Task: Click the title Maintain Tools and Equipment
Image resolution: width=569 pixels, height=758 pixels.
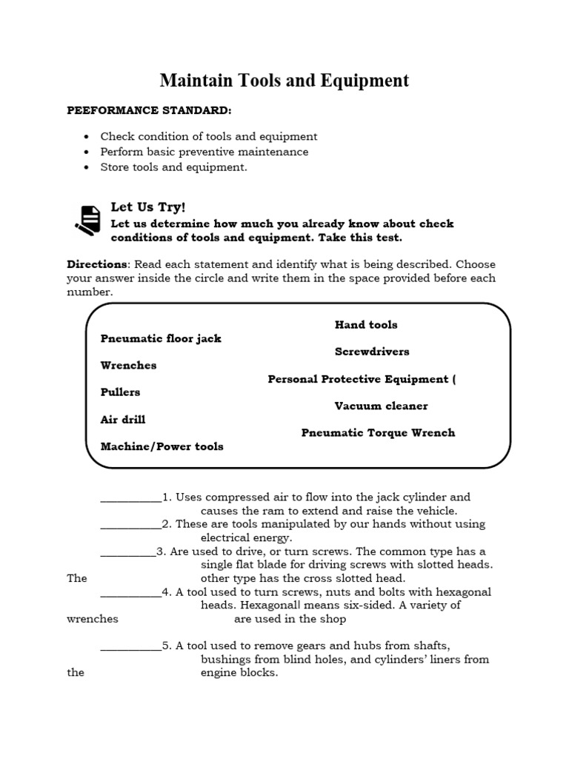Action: pos(284,80)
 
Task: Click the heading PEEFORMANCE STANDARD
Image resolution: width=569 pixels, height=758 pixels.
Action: pos(149,110)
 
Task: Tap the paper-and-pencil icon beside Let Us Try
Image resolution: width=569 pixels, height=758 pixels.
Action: pos(87,219)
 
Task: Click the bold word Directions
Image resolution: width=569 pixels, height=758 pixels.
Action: pos(97,264)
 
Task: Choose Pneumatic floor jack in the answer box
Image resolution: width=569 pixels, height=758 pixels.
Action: pos(161,338)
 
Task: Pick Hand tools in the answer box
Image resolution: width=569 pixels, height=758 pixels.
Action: pos(365,324)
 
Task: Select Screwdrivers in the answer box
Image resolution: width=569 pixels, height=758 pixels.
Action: pos(371,352)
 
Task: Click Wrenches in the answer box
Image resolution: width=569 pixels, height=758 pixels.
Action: pos(128,365)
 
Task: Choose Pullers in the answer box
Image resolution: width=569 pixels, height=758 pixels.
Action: pos(120,392)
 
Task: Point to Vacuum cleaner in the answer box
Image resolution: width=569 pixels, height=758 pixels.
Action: pos(381,406)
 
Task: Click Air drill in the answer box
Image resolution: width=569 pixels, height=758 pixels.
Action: pos(123,420)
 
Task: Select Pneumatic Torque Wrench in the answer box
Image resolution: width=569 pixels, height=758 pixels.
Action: pos(378,432)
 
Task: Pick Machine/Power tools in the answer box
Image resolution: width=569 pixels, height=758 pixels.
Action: pos(162,446)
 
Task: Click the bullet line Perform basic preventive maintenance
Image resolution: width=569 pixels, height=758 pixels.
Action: pos(204,152)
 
